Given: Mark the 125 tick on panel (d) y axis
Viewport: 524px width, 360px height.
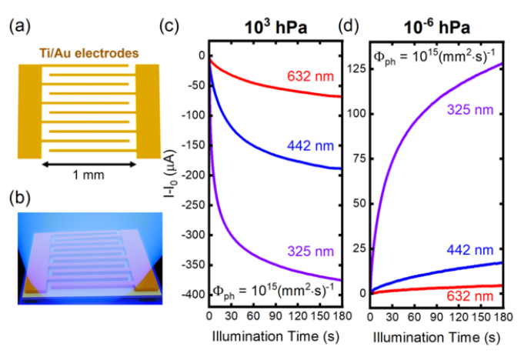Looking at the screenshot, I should click(356, 69).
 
